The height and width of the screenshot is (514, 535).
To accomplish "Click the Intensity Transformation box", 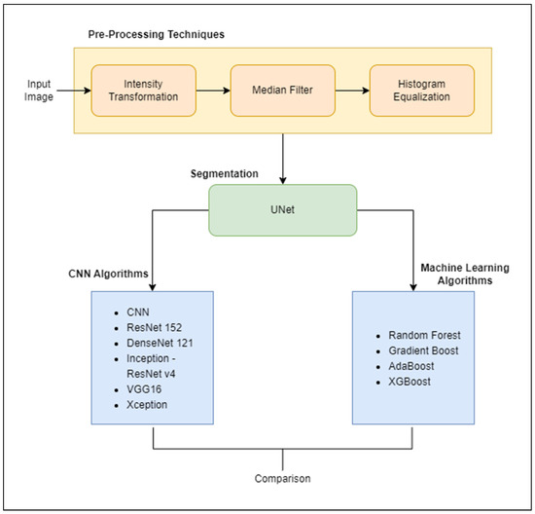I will click(144, 91).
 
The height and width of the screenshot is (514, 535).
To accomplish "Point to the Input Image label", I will click(38, 91).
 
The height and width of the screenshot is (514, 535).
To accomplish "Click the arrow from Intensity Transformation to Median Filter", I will click(211, 91).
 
